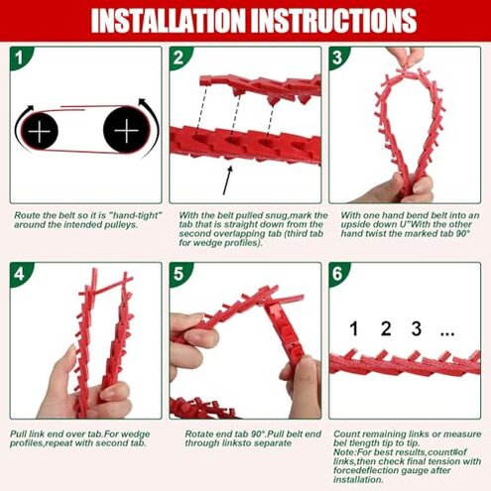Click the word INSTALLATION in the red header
(x=170, y=20)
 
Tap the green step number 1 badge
(x=21, y=58)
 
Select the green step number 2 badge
(x=180, y=58)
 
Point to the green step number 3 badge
(x=338, y=58)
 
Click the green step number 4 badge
(x=21, y=274)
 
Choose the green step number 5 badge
(x=180, y=274)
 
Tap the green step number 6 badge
(x=338, y=274)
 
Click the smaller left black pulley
(x=40, y=131)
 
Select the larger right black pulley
(x=127, y=130)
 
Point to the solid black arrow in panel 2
(x=227, y=181)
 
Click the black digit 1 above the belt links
(x=354, y=329)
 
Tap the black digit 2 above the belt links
(x=386, y=329)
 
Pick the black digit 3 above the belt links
(x=417, y=329)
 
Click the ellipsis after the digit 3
(x=447, y=334)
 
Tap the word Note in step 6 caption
(x=343, y=452)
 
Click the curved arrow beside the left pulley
(x=19, y=127)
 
